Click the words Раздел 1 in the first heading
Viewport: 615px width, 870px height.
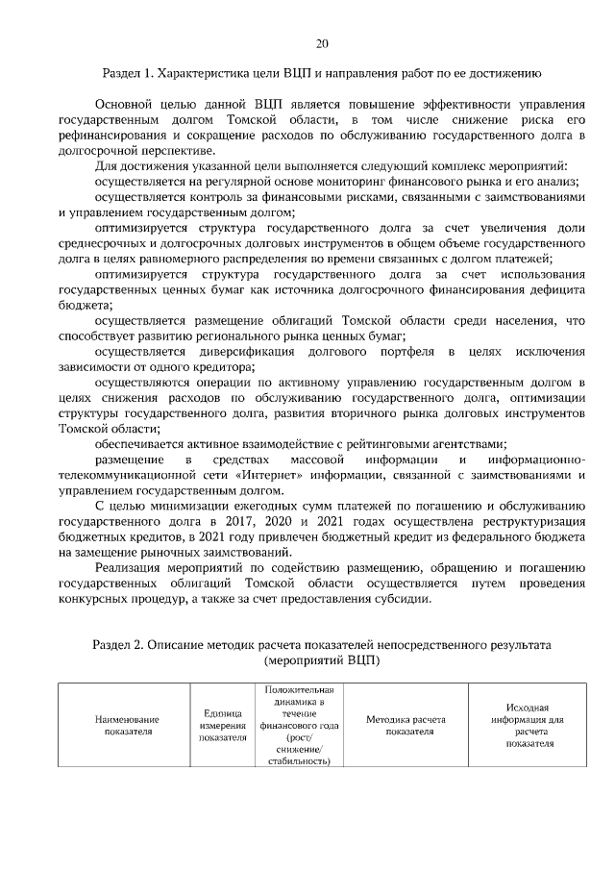tap(127, 72)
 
